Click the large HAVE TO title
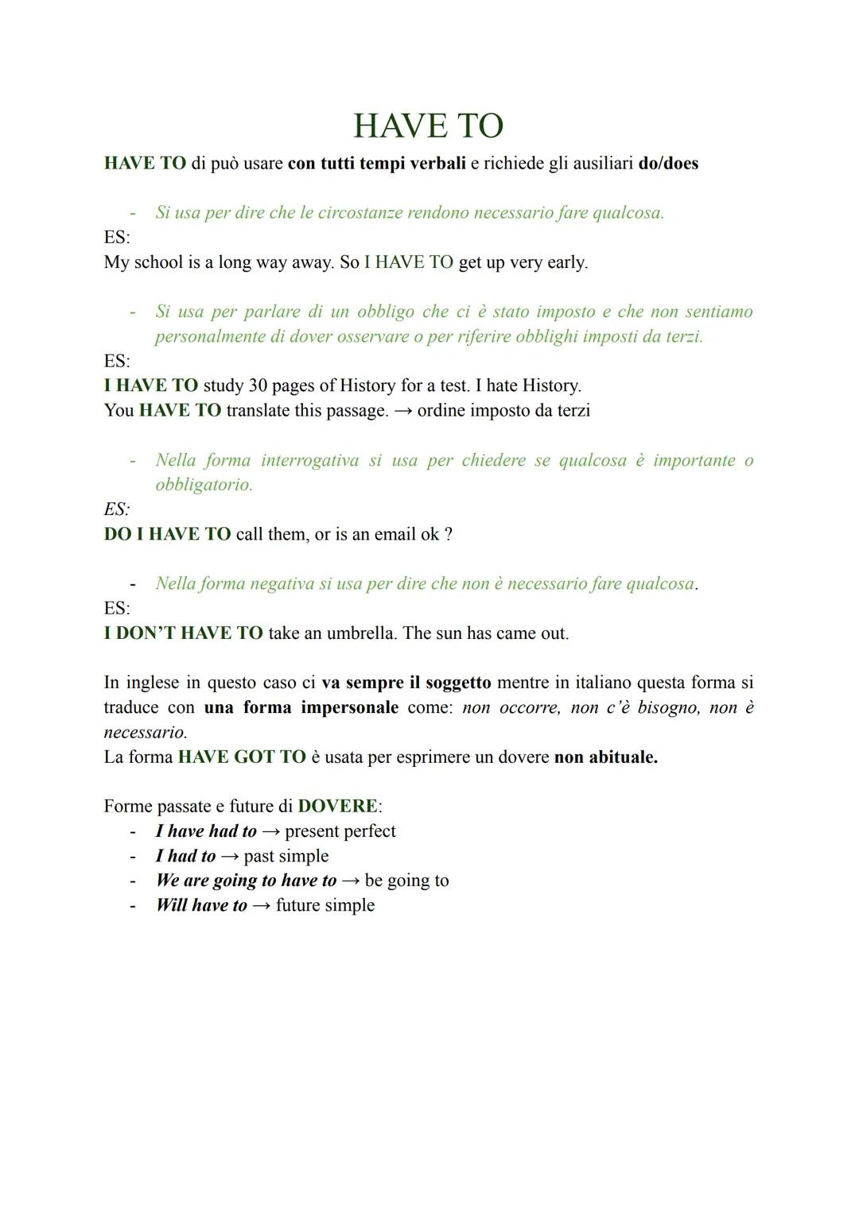point(428,126)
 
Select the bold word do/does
point(668,164)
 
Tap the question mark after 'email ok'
point(449,534)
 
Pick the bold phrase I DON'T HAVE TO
point(183,633)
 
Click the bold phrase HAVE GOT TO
point(242,757)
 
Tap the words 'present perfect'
point(340,831)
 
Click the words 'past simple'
point(286,856)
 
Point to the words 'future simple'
point(325,905)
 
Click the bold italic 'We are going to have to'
point(246,881)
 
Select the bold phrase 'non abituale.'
point(606,757)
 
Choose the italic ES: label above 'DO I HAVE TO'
point(117,509)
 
